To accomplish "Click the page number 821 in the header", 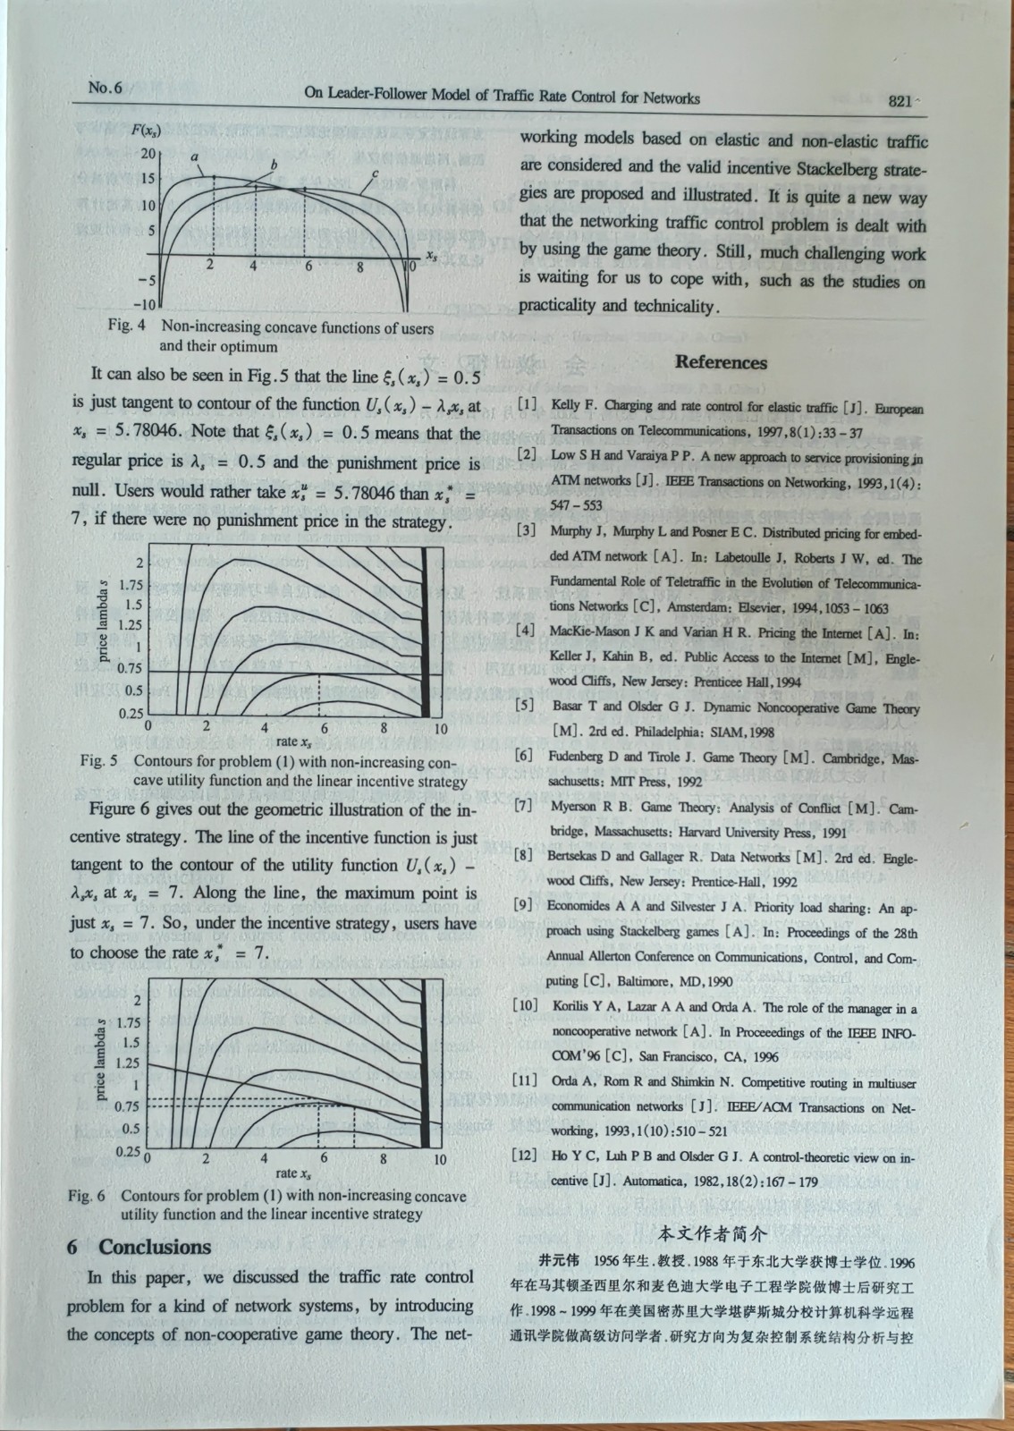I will pos(900,101).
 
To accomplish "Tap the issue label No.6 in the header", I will pos(105,88).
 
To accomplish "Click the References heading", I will pos(721,362).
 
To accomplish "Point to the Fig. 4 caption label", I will pos(126,327).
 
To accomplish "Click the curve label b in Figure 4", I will pos(274,165).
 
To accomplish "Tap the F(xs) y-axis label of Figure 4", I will pos(146,131).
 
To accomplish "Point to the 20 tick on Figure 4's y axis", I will pos(148,154).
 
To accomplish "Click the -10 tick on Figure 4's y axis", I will pos(144,303).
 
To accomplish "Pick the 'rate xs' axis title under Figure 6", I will pos(293,1173).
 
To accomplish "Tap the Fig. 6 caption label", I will pos(87,1196).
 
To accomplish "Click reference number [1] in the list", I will pos(528,405).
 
